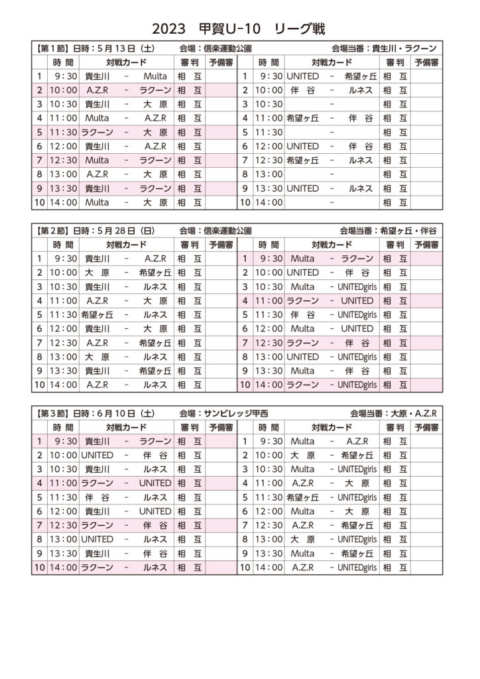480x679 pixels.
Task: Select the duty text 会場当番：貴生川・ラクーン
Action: [384, 48]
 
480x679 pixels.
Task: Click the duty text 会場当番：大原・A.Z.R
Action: [394, 413]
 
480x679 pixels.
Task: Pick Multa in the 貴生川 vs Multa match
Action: [155, 76]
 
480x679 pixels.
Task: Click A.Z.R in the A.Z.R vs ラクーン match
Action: [97, 90]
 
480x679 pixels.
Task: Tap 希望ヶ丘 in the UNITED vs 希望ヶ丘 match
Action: [360, 76]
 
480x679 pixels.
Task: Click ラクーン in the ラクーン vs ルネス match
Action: [97, 568]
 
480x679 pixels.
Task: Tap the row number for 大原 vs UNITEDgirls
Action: [245, 540]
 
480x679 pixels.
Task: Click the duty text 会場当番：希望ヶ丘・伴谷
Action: [389, 231]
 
